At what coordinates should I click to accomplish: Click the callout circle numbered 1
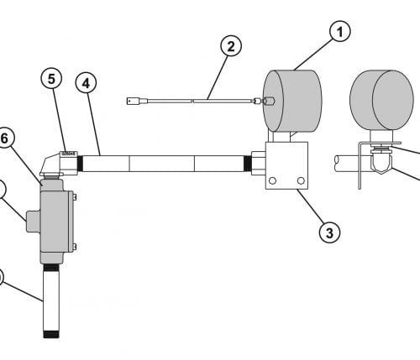[x=340, y=31]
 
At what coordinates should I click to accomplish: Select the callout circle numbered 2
[x=231, y=45]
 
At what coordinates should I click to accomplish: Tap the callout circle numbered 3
[x=330, y=232]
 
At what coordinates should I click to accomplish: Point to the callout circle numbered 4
[x=86, y=83]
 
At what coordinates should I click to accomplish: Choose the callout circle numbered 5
[x=51, y=79]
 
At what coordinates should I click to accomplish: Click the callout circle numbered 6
[x=4, y=138]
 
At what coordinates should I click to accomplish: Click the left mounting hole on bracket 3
[x=272, y=180]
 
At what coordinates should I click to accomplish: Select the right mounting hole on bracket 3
[x=301, y=180]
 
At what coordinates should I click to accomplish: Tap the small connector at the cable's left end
[x=131, y=101]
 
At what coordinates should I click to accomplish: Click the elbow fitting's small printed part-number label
[x=69, y=154]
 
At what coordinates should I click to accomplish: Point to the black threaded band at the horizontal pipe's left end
[x=80, y=164]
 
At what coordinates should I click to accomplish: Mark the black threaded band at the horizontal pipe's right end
[x=248, y=164]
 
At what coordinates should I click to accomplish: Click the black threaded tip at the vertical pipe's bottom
[x=51, y=335]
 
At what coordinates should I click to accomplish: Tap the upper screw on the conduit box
[x=75, y=197]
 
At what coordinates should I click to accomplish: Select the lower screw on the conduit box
[x=75, y=247]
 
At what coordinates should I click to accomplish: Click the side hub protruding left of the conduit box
[x=34, y=222]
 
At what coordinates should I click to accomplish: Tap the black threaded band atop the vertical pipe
[x=51, y=268]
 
